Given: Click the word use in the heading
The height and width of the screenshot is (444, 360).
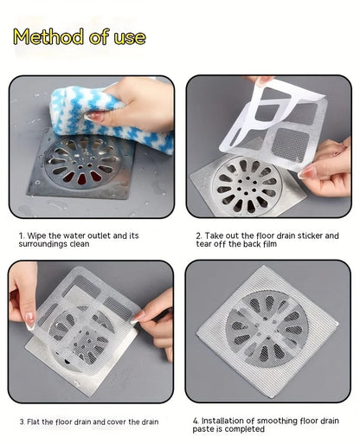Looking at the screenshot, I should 128,37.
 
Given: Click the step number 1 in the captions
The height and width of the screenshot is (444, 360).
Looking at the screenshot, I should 20,235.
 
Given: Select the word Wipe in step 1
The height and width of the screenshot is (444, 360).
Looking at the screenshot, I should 38,235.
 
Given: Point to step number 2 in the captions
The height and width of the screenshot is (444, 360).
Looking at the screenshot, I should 197,235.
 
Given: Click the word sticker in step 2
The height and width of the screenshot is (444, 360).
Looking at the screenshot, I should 303,235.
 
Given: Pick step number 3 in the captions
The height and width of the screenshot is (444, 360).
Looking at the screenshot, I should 21,421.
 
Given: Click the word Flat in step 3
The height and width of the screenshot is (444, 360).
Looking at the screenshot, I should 36,421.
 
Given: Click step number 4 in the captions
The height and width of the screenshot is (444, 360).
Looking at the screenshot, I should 196,421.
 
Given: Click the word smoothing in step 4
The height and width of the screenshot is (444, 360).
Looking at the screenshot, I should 282,421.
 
